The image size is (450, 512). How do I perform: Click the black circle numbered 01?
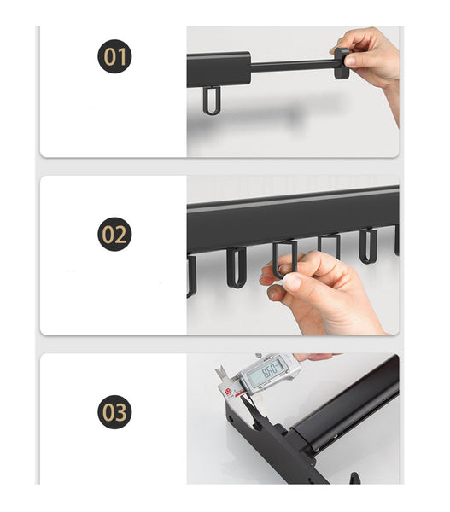tap(114, 57)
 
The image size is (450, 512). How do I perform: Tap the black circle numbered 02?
tap(114, 234)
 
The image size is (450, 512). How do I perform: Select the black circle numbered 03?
tap(114, 411)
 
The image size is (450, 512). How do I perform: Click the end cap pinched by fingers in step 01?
tap(342, 61)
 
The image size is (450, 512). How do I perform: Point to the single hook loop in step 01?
tap(211, 100)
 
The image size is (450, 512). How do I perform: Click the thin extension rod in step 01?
tap(292, 65)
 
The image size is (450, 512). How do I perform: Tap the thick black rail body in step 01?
tap(219, 70)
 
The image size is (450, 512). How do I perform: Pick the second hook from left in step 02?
tap(236, 267)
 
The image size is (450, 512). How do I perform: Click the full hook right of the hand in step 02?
tap(368, 246)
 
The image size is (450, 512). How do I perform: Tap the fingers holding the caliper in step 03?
tap(316, 358)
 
